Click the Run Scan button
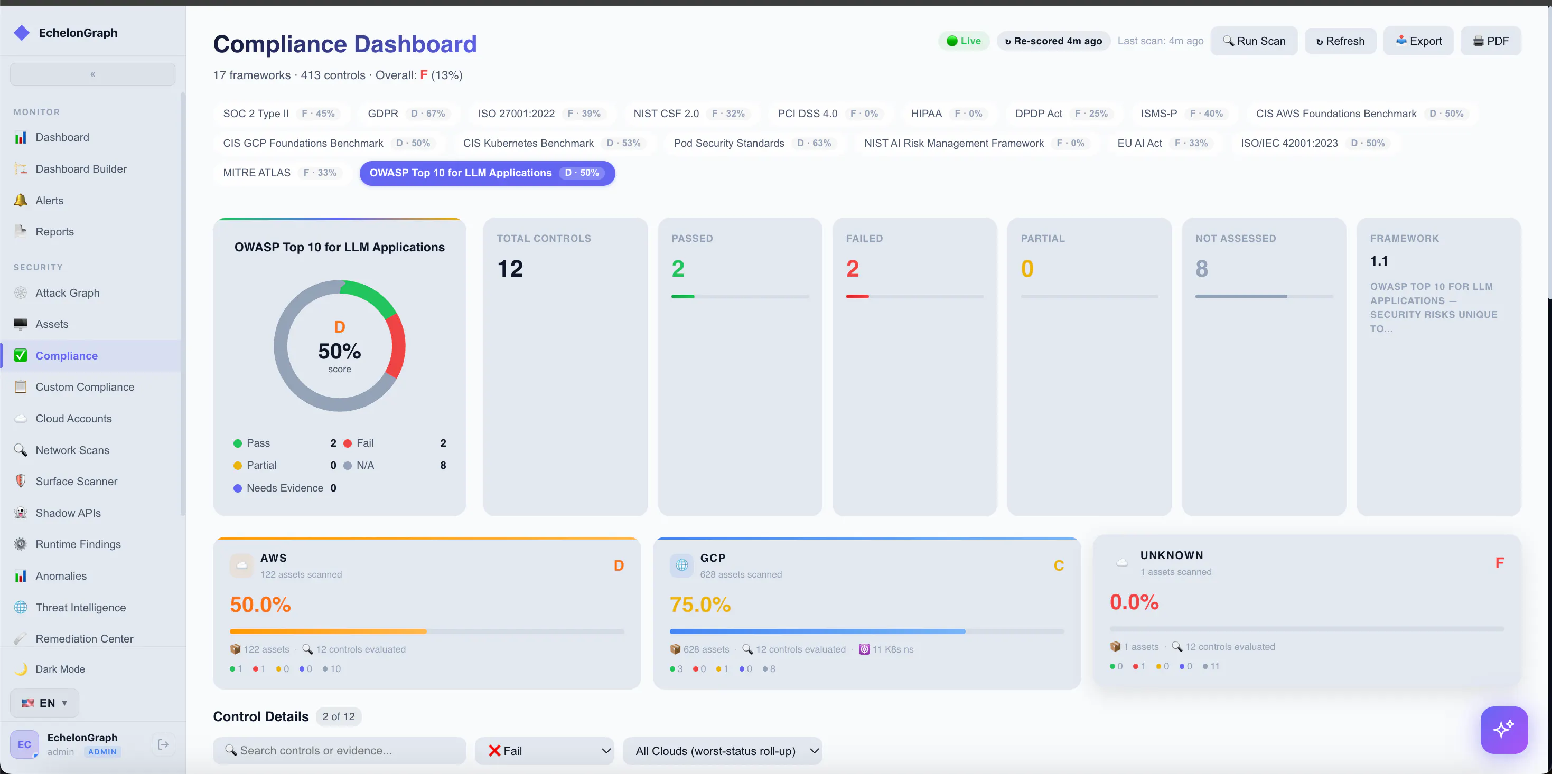pos(1254,41)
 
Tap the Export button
pos(1418,41)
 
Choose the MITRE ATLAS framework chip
pos(280,173)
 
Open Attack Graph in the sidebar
pos(68,292)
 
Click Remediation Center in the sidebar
pos(85,638)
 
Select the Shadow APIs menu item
pos(68,513)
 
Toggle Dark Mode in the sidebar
pos(60,668)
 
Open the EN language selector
pos(44,703)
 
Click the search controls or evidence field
pos(339,751)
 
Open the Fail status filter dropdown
pos(545,751)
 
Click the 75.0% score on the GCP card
pos(700,604)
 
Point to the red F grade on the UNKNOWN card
pos(1500,563)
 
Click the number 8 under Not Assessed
pos(1202,269)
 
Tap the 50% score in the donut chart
pos(340,351)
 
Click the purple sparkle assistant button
pos(1504,730)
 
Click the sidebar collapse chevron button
pos(93,74)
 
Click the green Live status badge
pos(964,41)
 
